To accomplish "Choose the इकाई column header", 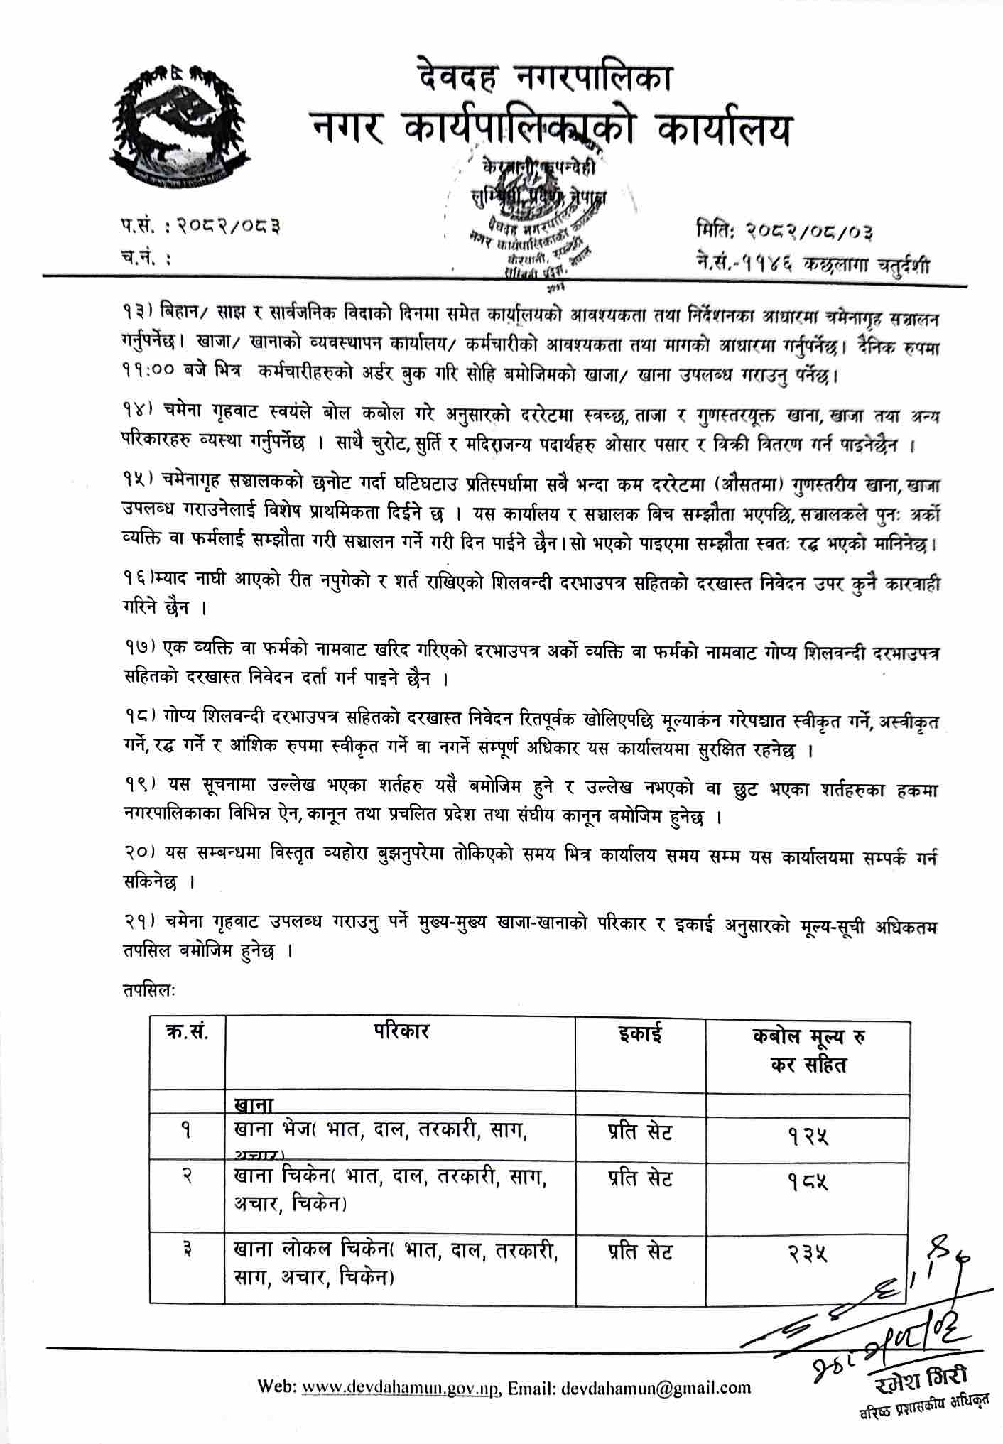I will (x=639, y=1034).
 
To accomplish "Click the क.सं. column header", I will (x=187, y=1034).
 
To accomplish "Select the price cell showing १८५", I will (x=808, y=1183).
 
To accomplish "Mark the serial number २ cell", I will (x=186, y=1180).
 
